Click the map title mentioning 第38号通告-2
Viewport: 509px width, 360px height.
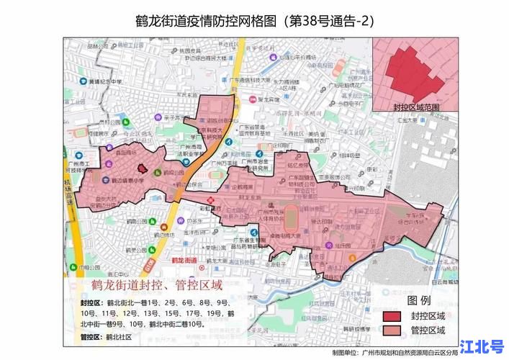click(254, 19)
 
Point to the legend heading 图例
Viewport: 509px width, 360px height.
click(419, 300)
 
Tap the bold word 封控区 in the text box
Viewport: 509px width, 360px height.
click(91, 303)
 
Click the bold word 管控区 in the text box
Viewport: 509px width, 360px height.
click(91, 336)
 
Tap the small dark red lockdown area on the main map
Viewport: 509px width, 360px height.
click(142, 167)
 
